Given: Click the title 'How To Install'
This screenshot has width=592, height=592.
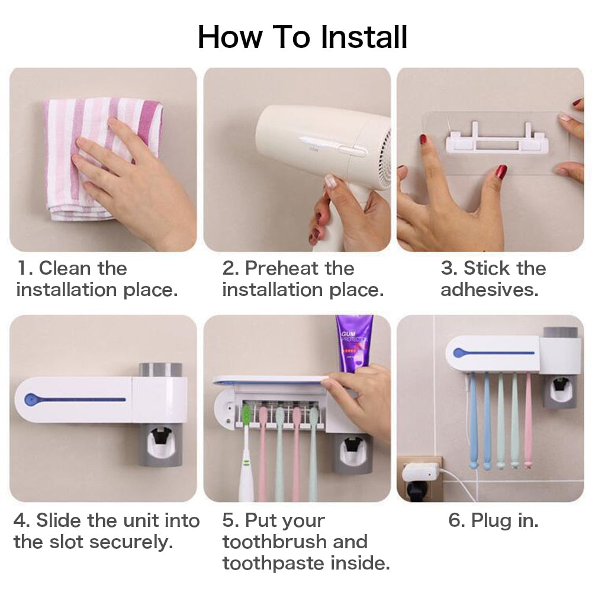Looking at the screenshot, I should coord(303,37).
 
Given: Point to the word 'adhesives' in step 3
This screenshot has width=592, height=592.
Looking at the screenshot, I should coord(488,289).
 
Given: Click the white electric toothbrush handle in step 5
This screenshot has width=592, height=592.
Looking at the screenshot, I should coord(246,468).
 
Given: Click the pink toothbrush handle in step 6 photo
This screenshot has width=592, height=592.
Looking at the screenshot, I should coord(527,426).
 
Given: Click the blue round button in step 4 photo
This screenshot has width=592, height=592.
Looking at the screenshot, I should coord(30,399).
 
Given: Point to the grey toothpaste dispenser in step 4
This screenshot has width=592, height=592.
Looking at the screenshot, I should coord(160,444).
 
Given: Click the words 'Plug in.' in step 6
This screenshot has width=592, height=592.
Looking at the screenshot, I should coord(494,520).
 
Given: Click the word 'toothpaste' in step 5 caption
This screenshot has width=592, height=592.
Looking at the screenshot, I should coord(269,563).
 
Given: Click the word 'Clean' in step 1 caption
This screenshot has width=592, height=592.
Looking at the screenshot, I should coord(65,268).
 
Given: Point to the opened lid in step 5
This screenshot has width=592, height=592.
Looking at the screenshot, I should coord(269,381).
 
